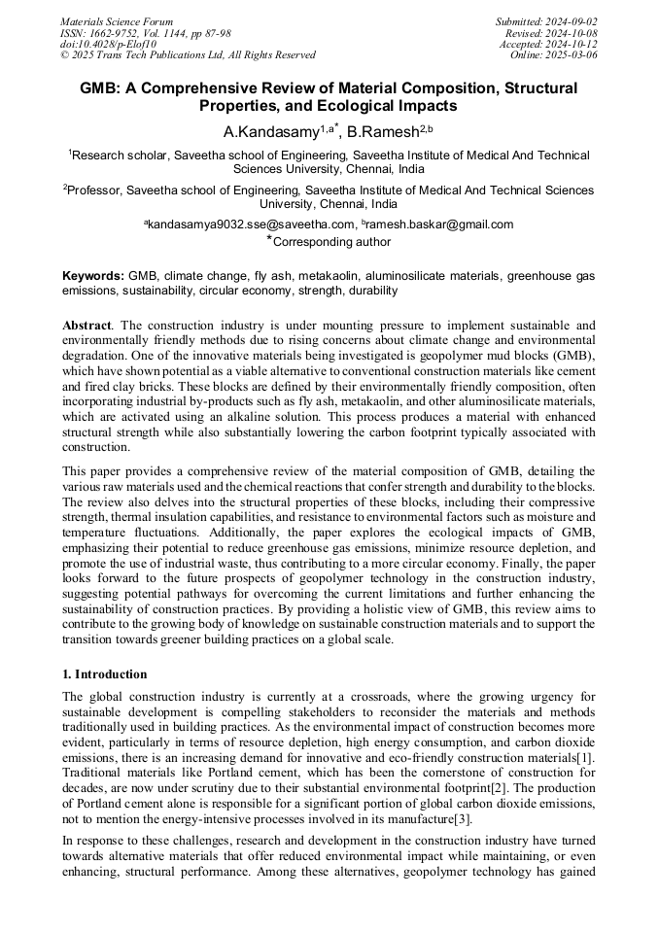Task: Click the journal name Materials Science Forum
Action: [x=117, y=21]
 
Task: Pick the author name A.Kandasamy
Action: [x=272, y=131]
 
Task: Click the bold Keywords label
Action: [x=92, y=277]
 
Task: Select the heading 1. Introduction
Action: [x=105, y=674]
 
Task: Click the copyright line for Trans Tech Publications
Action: [x=188, y=55]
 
